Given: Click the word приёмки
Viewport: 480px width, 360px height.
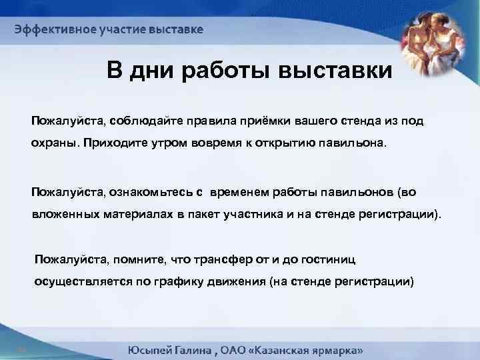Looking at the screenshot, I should [x=261, y=122].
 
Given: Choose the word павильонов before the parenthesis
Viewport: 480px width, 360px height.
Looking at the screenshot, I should [x=353, y=193].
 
